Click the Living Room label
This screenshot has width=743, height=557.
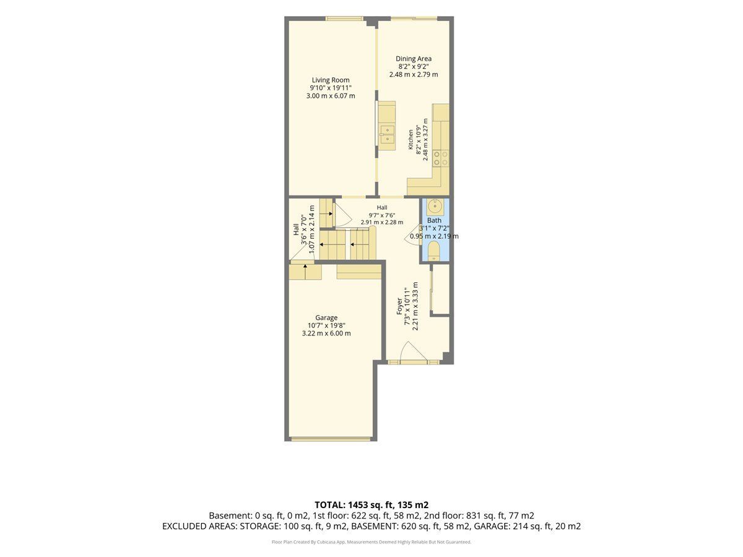331,80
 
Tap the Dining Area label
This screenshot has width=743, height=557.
414,59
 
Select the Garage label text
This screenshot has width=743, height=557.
326,318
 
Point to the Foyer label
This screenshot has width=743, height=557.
400,306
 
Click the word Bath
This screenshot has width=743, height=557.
434,220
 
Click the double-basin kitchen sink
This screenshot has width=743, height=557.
387,134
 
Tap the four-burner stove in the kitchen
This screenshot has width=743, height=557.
441,158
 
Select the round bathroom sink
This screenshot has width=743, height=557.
433,205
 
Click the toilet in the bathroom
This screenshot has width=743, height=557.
433,251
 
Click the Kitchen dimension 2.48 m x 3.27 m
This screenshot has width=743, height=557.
425,139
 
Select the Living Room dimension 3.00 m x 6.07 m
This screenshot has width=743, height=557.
331,96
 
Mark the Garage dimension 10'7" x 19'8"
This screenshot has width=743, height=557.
326,326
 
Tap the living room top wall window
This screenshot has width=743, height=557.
344,19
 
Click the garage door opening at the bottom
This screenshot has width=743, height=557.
331,439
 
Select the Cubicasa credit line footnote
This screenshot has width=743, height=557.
371,542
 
